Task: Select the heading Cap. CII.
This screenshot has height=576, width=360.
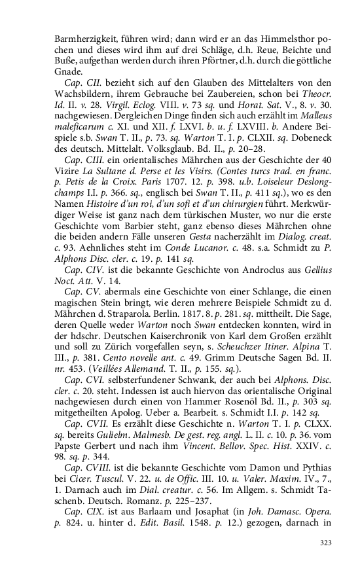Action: click(81, 83)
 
